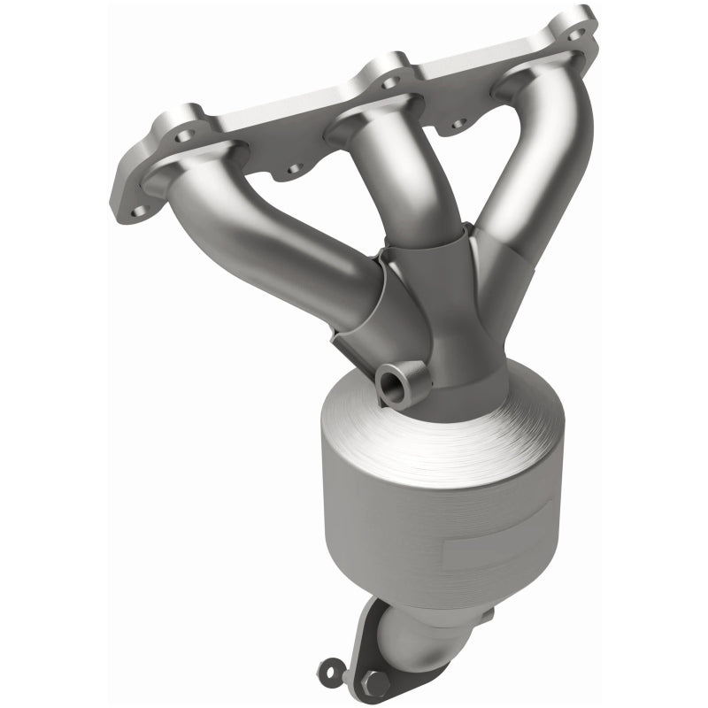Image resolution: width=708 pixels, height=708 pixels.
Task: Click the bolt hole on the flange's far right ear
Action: [x=576, y=33]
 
